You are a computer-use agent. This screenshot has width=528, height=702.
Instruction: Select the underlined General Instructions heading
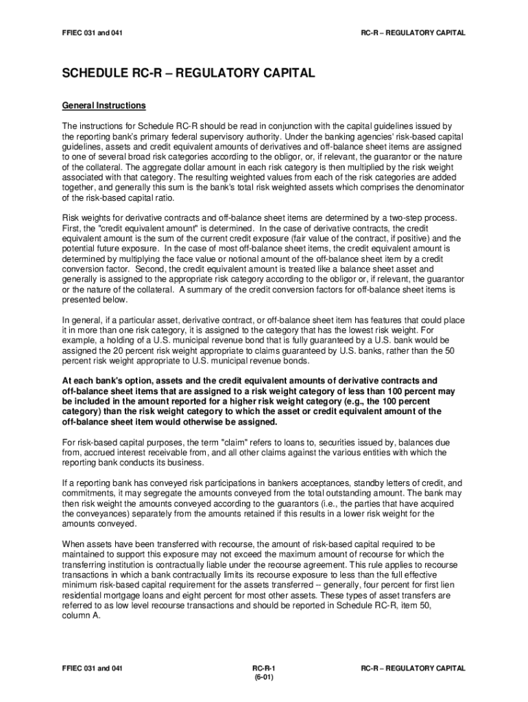[104, 106]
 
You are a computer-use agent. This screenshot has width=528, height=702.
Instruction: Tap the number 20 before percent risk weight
[112, 350]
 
